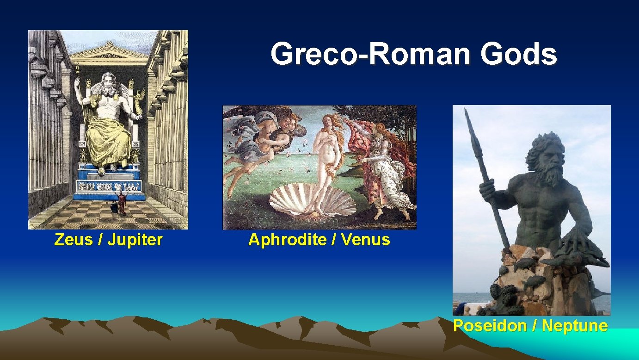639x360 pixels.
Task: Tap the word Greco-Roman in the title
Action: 372,54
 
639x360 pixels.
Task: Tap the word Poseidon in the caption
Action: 490,326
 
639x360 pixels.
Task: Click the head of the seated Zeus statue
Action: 108,83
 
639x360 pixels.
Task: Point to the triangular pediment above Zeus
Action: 109,50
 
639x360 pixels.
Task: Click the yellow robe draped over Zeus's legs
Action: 108,139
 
